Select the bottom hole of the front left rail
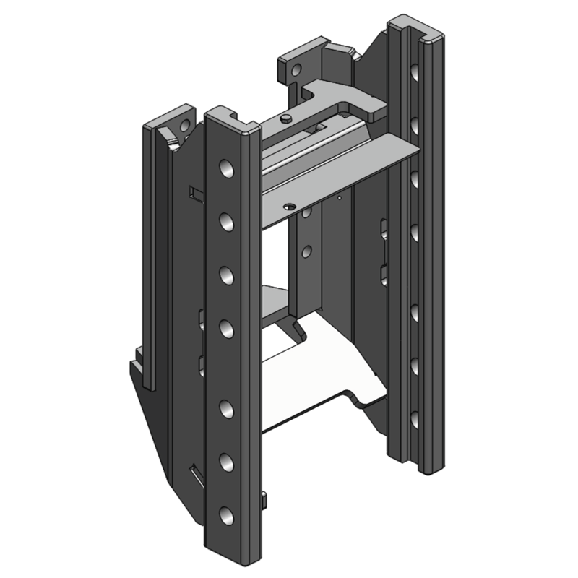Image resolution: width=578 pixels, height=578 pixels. click(x=226, y=515)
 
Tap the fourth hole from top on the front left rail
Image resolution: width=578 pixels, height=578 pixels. click(x=226, y=329)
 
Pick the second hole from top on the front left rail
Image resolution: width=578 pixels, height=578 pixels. click(x=226, y=220)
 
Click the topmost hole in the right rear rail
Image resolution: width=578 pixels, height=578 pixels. click(x=413, y=73)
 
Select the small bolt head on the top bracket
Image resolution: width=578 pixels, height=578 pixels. click(x=288, y=118)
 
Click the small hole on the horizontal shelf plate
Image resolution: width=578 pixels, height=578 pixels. click(x=290, y=207)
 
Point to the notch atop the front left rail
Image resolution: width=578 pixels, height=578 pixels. click(x=232, y=113)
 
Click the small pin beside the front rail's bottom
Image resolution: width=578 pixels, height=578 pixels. click(x=264, y=501)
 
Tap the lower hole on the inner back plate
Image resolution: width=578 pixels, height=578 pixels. click(x=306, y=251)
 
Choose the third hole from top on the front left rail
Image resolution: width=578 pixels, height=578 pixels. click(x=226, y=275)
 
